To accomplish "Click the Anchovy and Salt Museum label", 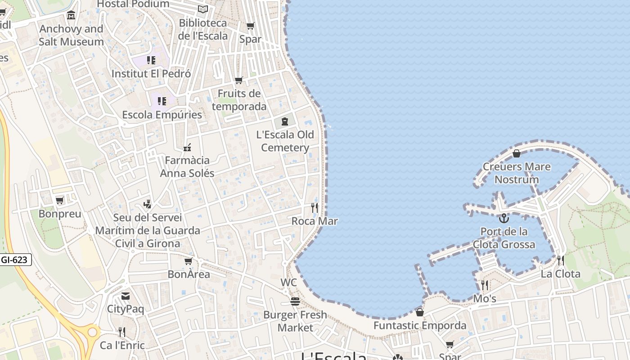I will coord(71,35).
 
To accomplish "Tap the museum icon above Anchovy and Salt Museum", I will coord(71,16).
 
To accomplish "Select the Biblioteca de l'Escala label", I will coord(203,29).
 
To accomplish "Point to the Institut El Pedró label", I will coord(151,73).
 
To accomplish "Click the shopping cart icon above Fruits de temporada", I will coord(239,81).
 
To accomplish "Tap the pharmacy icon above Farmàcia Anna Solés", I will coord(187,147).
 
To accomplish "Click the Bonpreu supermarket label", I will coord(60,214).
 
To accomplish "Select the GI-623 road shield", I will coord(16,260).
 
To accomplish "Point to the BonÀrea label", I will coord(189,274).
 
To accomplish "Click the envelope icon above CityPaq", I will coord(126,296).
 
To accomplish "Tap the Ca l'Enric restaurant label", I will coord(122,346).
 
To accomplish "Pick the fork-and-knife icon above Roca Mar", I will coord(315,208).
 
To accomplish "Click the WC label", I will coord(288,282).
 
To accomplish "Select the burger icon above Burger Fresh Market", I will coord(295,301).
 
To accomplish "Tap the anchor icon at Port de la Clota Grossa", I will coord(504,219).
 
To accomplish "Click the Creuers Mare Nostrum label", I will coord(517,173).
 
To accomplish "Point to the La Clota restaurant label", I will coord(560,274).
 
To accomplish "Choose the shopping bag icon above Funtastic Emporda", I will coord(420,312).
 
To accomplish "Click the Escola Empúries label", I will coord(162,115).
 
